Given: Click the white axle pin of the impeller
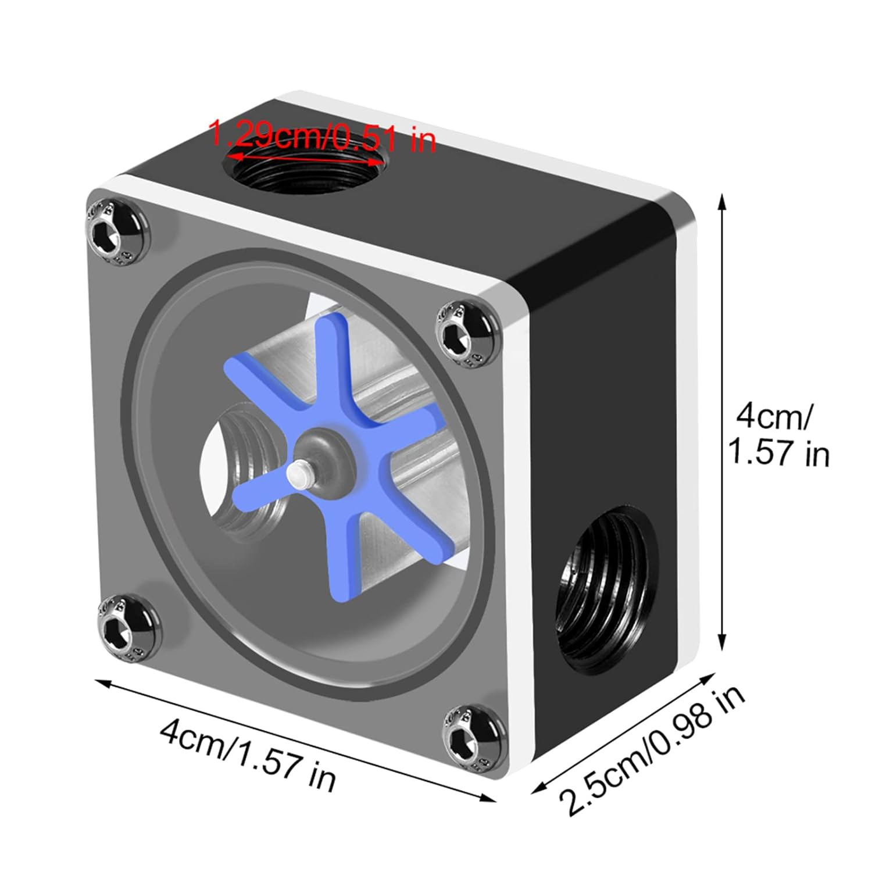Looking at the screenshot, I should point(299,473).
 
